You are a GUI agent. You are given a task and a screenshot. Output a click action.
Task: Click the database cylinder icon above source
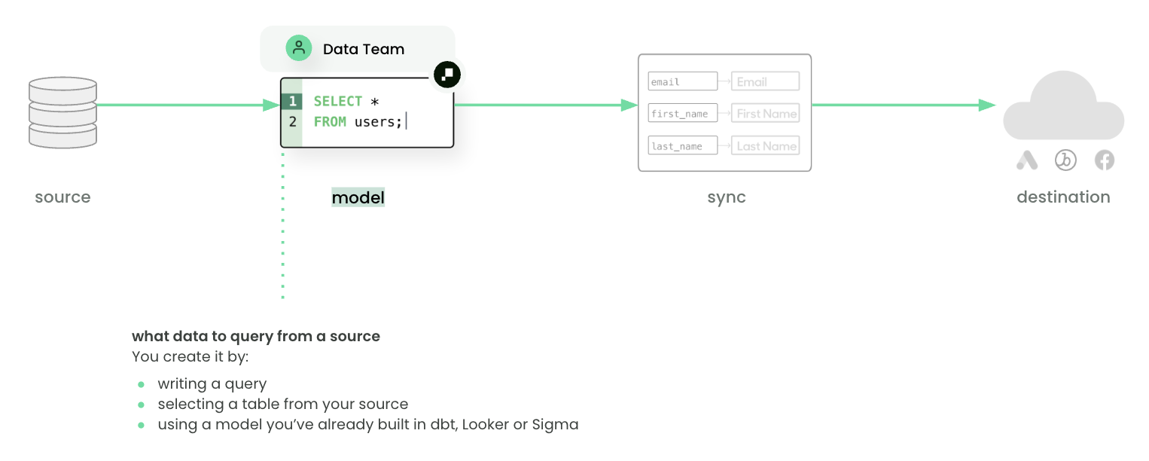coord(62,112)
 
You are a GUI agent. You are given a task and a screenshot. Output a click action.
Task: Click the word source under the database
coord(62,197)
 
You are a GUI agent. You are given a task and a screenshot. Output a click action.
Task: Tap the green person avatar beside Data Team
coord(299,48)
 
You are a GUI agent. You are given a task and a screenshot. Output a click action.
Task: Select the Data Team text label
coord(364,49)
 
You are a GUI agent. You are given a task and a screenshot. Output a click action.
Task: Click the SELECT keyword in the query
coord(338,102)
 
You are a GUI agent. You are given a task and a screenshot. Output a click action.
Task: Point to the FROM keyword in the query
coord(330,121)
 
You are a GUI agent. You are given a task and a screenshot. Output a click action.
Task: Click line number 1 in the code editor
coord(292,102)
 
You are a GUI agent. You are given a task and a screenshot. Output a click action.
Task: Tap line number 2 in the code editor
coord(292,121)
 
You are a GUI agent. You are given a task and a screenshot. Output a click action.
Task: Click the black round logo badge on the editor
coord(447,75)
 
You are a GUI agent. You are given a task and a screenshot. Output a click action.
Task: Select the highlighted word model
coord(358,197)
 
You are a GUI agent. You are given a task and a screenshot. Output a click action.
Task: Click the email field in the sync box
coord(682,81)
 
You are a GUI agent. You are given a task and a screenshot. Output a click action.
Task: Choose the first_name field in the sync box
coord(682,114)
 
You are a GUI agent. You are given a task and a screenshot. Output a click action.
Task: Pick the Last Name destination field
coord(765,145)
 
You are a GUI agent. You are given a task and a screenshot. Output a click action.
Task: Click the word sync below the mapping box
coord(727,197)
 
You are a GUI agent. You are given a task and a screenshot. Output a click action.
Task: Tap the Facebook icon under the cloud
coord(1105,160)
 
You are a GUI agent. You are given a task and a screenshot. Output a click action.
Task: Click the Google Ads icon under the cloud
coord(1027,160)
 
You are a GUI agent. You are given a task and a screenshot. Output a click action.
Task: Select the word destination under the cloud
coord(1063,197)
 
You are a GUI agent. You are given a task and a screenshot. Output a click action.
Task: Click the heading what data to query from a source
coord(256,337)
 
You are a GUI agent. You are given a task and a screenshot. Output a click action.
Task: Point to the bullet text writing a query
coord(212,384)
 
